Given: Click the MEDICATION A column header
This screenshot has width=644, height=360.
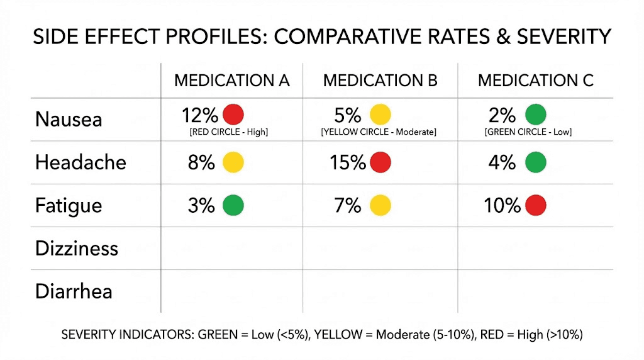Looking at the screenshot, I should [231, 81].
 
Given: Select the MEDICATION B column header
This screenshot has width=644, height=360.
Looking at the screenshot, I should [380, 81].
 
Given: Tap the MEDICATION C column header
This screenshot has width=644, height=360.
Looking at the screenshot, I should [535, 81].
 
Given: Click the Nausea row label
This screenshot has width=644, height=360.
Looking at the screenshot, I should [69, 120].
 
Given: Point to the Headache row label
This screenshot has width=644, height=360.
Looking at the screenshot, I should [80, 162].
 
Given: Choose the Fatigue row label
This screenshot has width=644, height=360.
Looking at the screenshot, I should [69, 206].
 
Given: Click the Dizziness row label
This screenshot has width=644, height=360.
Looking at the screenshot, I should [77, 248].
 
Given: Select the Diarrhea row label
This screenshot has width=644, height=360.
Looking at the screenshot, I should [74, 291].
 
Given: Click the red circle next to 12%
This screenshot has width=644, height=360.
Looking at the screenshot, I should [233, 115].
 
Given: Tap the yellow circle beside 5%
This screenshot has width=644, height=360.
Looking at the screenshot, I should [380, 115].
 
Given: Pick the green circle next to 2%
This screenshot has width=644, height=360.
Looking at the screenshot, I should [535, 115].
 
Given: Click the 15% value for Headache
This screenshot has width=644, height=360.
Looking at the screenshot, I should [348, 162].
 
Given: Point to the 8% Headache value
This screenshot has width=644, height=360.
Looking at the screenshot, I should [201, 162].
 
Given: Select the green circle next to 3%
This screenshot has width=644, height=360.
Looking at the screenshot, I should [233, 206].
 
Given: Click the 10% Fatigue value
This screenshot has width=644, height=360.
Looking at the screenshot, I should [502, 206].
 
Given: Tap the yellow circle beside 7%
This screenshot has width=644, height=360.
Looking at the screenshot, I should [380, 206].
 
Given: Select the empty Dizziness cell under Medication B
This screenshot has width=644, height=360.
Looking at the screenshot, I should [380, 248].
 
